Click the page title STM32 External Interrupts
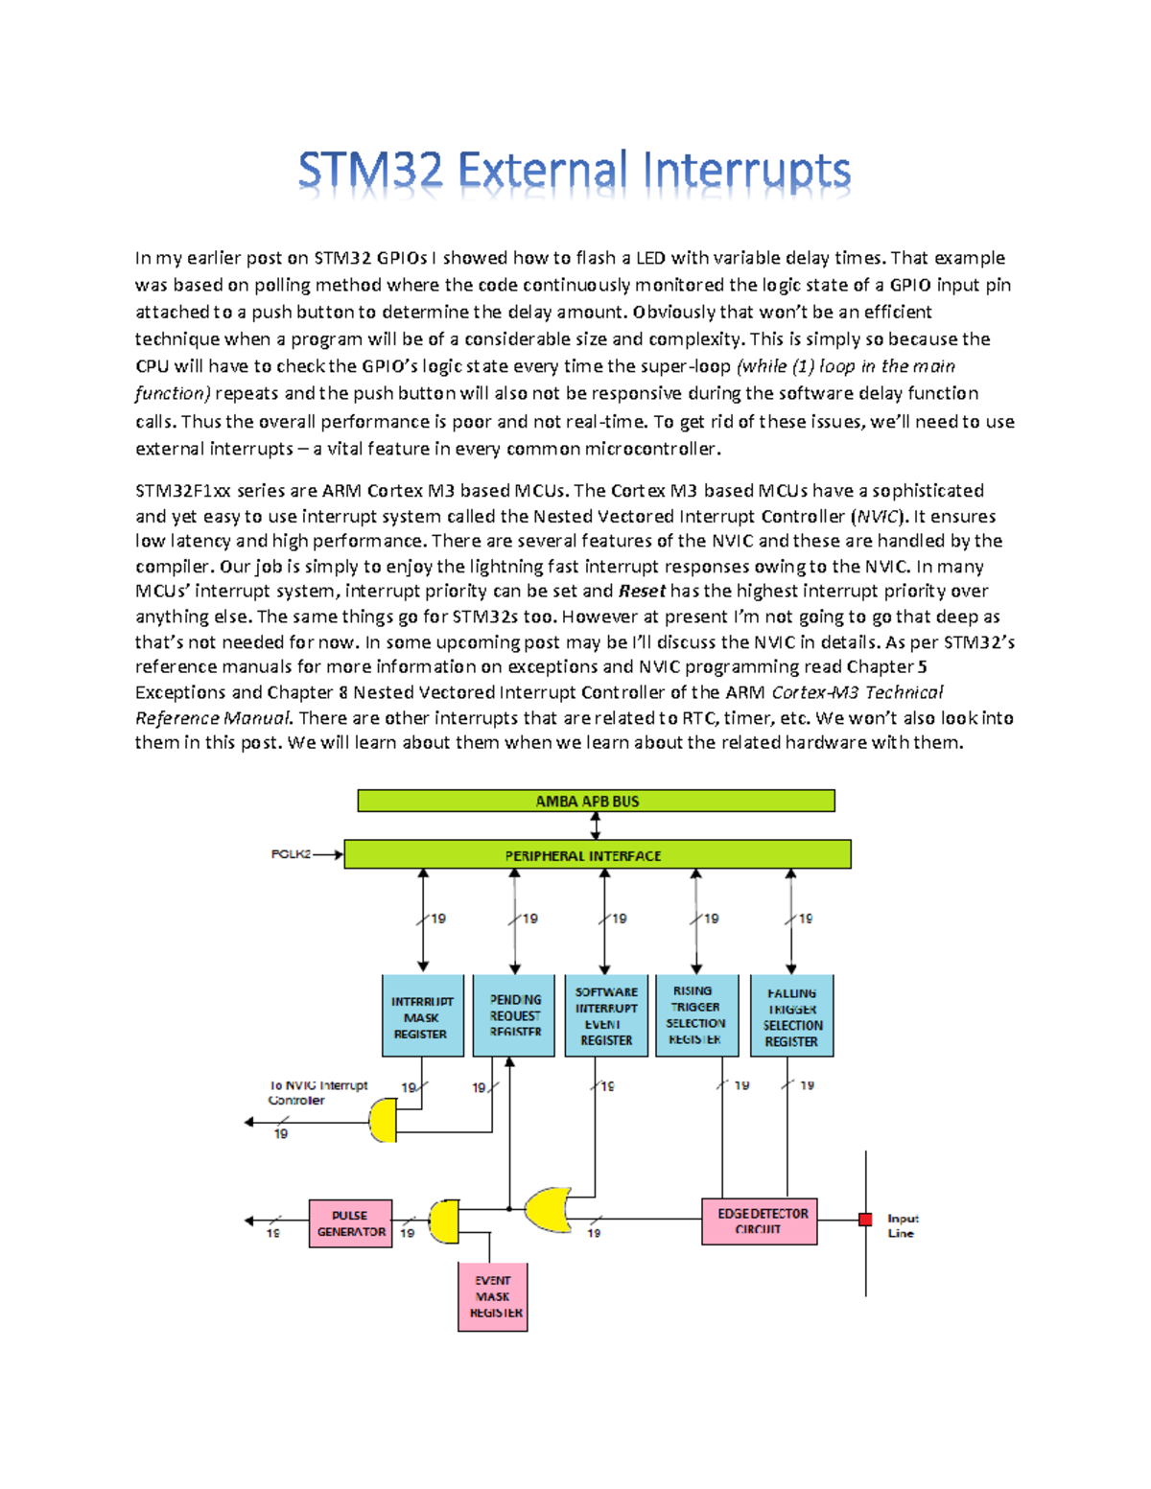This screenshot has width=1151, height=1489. [574, 173]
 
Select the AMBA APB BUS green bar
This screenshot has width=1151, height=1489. [596, 801]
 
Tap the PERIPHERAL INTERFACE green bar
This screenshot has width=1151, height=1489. [597, 854]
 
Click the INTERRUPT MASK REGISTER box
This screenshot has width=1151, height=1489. [422, 1016]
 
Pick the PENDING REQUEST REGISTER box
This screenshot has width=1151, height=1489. [514, 1016]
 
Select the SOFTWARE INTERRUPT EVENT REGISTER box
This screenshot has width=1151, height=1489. [606, 1016]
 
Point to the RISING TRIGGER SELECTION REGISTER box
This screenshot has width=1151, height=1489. [696, 1016]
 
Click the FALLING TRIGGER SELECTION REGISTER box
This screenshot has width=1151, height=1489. [791, 1016]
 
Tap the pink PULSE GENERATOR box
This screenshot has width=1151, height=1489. [350, 1223]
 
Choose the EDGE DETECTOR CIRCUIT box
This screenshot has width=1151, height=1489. [759, 1221]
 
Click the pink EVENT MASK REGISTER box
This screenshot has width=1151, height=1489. [493, 1296]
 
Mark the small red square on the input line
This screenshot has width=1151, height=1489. [865, 1220]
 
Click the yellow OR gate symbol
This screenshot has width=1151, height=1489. [548, 1209]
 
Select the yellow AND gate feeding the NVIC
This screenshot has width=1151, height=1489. [384, 1120]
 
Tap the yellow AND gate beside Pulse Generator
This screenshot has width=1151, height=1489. [444, 1221]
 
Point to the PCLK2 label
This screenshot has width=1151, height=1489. [291, 853]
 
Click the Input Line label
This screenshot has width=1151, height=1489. [902, 1225]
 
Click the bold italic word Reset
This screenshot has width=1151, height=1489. [642, 591]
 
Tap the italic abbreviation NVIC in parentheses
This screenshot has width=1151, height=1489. [879, 516]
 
